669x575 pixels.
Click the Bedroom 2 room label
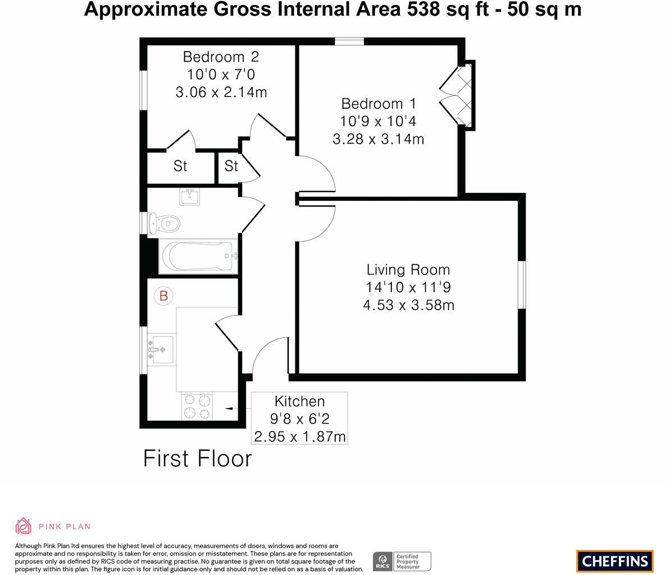221,57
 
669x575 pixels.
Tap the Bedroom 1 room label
379,104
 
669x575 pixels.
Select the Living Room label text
408,270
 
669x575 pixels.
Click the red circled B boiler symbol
163,296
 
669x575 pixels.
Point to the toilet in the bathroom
164,223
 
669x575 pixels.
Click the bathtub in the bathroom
198,256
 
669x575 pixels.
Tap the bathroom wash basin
189,196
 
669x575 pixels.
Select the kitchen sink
161,349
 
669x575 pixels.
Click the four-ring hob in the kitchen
197,406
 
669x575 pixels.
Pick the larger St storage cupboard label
180,166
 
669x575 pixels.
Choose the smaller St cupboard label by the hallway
231,166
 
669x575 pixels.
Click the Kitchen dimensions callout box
299,418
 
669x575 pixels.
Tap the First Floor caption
198,459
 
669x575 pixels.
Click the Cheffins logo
615,561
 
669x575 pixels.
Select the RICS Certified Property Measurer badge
402,562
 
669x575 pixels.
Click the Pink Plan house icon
24,526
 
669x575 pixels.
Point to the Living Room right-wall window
522,285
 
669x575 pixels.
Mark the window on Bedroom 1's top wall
349,42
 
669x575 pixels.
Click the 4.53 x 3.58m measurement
408,305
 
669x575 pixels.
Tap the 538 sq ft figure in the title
448,9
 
